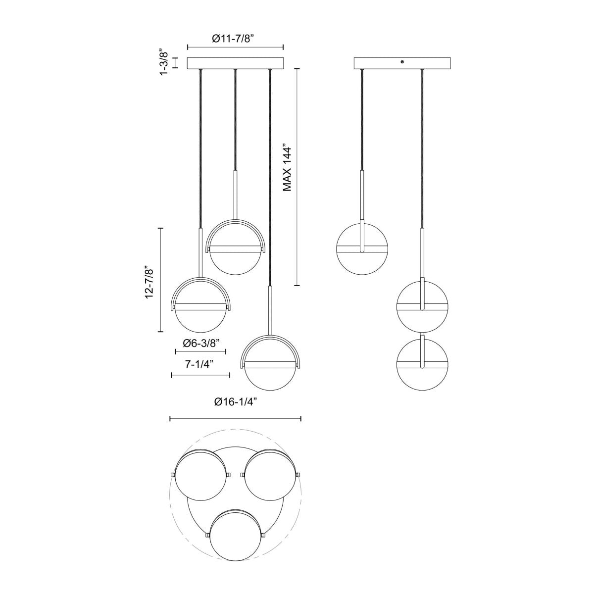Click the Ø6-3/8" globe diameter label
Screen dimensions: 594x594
click(x=201, y=343)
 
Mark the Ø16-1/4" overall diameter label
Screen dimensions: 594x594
click(x=235, y=402)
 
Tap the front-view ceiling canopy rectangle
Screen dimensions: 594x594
click(x=235, y=63)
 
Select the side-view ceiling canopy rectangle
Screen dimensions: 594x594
click(x=403, y=63)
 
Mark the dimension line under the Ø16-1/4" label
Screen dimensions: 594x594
click(x=235, y=419)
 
